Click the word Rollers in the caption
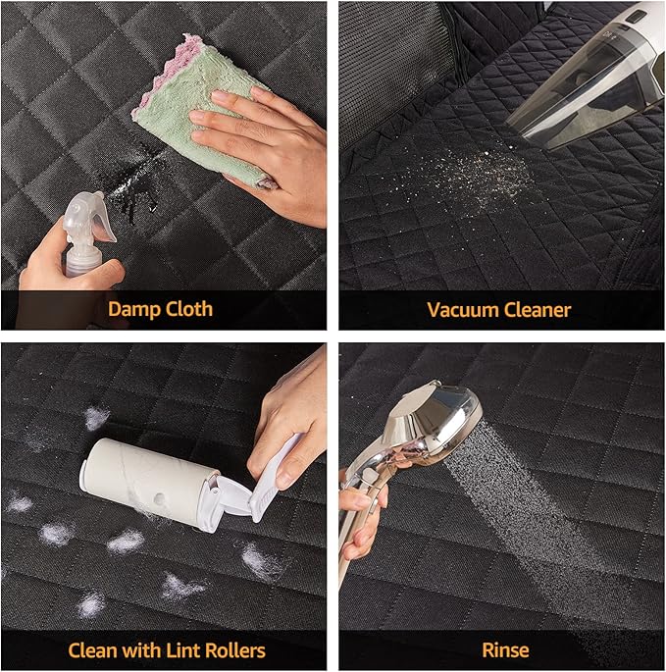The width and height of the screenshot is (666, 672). pos(235,650)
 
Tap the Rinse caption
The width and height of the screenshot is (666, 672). pos(505,650)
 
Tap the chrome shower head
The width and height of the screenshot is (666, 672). pos(433,420)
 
